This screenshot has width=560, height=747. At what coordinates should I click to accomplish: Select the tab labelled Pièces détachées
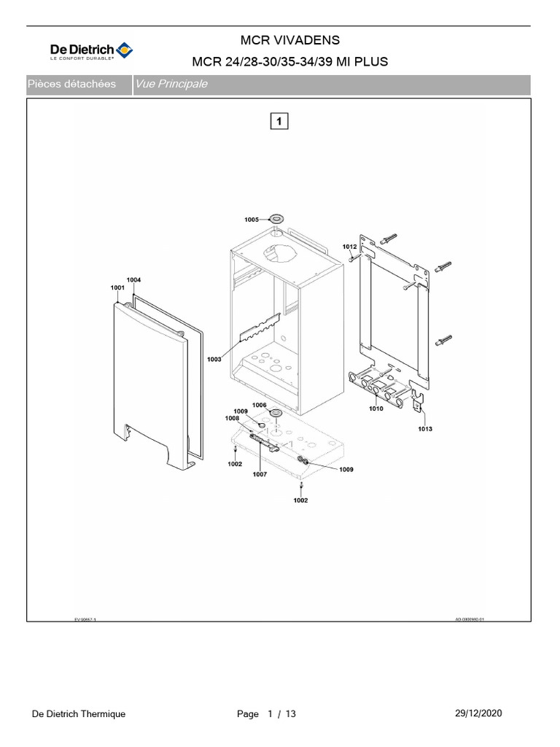click(x=71, y=85)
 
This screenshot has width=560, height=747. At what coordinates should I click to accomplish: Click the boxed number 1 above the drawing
click(x=280, y=120)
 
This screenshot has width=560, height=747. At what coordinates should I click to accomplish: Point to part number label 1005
click(x=252, y=220)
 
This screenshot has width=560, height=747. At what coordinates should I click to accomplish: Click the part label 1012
click(x=350, y=247)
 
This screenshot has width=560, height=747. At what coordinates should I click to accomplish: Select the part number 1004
click(x=134, y=279)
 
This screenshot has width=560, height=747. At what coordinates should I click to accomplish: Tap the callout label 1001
click(x=118, y=288)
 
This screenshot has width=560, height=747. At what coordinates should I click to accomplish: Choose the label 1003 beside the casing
click(x=214, y=359)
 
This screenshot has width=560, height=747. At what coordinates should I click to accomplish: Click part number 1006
click(x=260, y=405)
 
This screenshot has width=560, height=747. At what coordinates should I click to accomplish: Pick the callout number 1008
click(x=232, y=418)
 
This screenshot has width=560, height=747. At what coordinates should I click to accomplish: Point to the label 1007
click(x=260, y=474)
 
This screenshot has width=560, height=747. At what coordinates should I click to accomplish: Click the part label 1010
click(x=376, y=409)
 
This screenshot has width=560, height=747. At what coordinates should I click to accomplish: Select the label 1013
click(x=425, y=429)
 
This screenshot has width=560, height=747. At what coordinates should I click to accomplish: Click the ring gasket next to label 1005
click(x=276, y=218)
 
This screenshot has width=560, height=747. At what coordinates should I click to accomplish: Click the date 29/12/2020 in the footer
click(x=477, y=713)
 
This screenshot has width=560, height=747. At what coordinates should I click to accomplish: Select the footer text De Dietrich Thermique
click(x=79, y=714)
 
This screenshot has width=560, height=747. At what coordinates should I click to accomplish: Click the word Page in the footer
click(x=248, y=714)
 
